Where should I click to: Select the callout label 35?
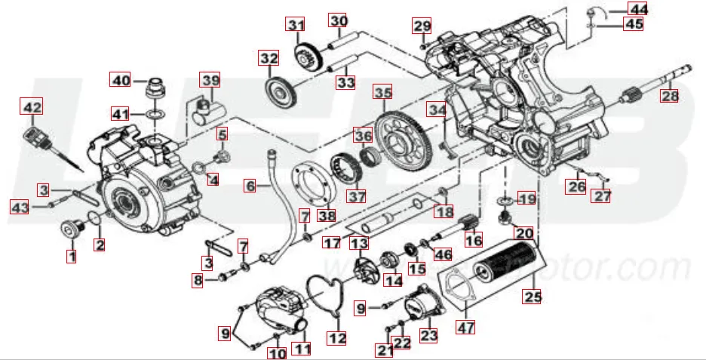pos(383,94)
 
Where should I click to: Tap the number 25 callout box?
pos(534,297)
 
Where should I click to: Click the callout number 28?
pos(670,96)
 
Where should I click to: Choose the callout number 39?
pos(210,81)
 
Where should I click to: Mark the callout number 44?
pos(639,9)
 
